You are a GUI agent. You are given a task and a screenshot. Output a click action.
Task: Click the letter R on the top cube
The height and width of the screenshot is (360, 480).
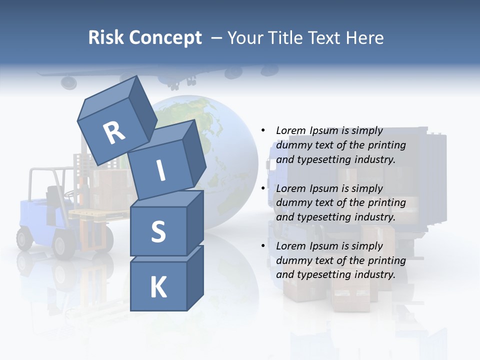[x=114, y=132]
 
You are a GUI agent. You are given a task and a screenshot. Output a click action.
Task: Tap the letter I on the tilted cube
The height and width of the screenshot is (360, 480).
[x=161, y=170]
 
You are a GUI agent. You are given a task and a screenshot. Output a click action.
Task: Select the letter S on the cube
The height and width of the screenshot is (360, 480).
[x=158, y=231]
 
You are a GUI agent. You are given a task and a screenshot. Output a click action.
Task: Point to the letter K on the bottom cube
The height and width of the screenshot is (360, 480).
[x=158, y=287]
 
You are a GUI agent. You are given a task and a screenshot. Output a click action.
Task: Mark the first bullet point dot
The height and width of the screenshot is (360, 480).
[x=263, y=130]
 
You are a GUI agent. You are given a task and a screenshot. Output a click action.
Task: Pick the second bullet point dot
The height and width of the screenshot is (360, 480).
[x=263, y=188]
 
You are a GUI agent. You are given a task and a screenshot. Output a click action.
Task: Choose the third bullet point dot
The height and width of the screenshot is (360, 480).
[x=263, y=246]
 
